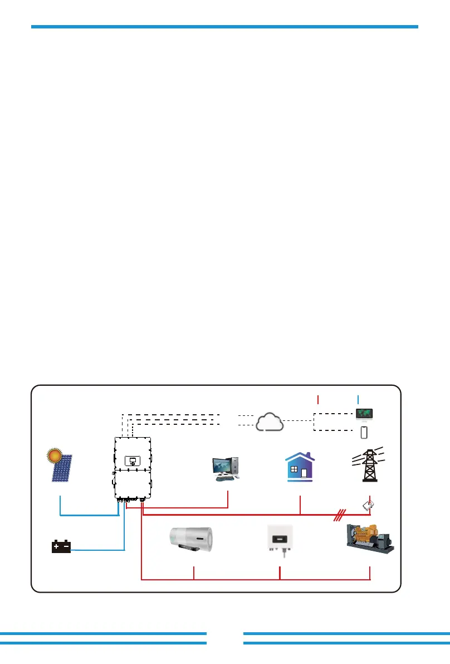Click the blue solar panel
tap(62, 469)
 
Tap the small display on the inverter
tap(133, 461)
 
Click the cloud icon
tap(270, 421)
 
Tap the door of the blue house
tap(304, 474)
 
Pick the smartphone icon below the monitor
tap(364, 432)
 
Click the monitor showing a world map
tap(364, 414)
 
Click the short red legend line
tap(318, 399)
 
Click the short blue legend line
tap(358, 399)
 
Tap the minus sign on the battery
tap(66, 546)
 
